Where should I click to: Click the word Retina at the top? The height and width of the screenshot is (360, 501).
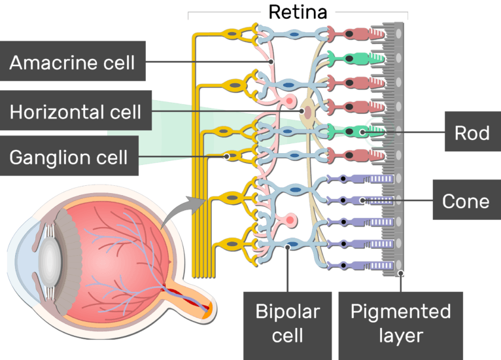(298, 11)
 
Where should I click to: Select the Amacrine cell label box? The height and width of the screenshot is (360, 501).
(73, 63)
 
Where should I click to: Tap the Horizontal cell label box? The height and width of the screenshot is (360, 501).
(75, 112)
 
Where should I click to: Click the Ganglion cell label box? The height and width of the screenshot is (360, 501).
(69, 157)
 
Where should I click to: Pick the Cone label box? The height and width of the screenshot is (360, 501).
(466, 201)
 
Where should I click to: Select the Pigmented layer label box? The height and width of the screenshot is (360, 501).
(401, 324)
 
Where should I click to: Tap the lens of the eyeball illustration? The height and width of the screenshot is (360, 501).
(46, 259)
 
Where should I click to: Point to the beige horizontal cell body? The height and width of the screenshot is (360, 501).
(307, 113)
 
